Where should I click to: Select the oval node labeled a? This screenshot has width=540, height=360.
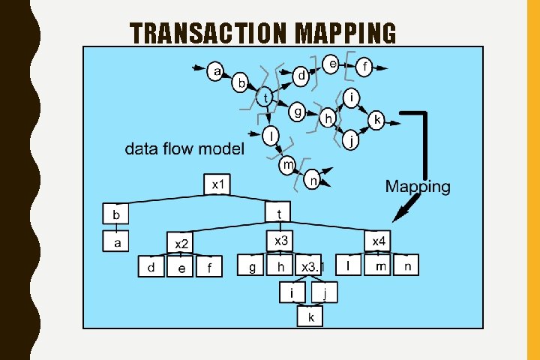point(217,72)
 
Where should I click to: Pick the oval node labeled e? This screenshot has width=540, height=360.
point(333,64)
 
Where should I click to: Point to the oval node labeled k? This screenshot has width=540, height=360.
point(377,120)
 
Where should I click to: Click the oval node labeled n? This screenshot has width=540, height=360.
point(313,179)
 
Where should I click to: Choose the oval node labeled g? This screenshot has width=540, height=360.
point(298,112)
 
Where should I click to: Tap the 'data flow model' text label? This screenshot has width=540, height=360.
point(184,148)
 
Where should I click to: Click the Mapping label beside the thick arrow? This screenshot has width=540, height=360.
point(418,187)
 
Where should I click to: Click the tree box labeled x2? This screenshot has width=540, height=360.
point(181,243)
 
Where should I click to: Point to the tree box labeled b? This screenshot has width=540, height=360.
point(116,214)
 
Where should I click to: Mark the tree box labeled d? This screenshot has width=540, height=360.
point(151,268)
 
